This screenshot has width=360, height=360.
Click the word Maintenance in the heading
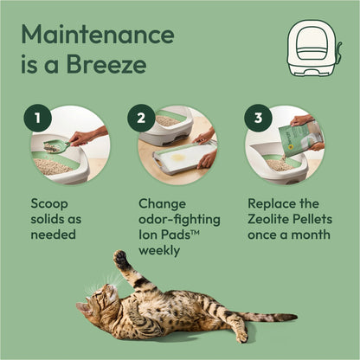click(x=97, y=36)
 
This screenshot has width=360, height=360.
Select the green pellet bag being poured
click(x=298, y=138)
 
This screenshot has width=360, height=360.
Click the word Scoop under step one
click(x=49, y=202)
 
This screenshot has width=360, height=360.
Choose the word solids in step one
click(x=51, y=219)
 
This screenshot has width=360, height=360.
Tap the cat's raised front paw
click(x=121, y=259)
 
